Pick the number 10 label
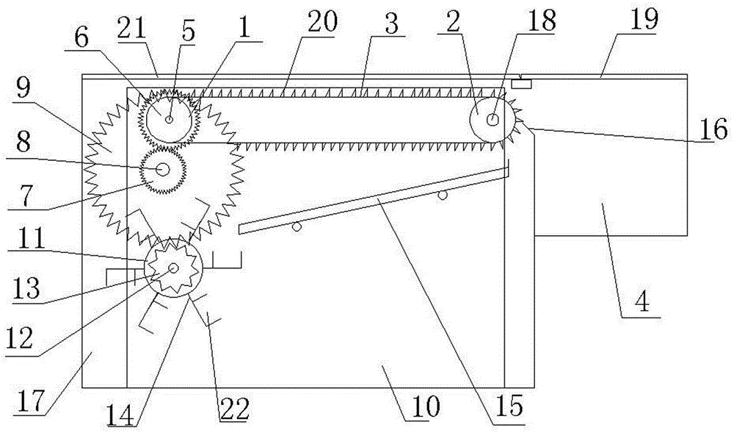(x=427, y=404)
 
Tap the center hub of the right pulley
(x=493, y=118)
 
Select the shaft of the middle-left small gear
(x=161, y=169)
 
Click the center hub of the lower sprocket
(x=173, y=269)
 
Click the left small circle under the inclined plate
(x=296, y=228)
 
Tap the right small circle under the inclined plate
(x=442, y=196)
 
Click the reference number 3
(x=392, y=23)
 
